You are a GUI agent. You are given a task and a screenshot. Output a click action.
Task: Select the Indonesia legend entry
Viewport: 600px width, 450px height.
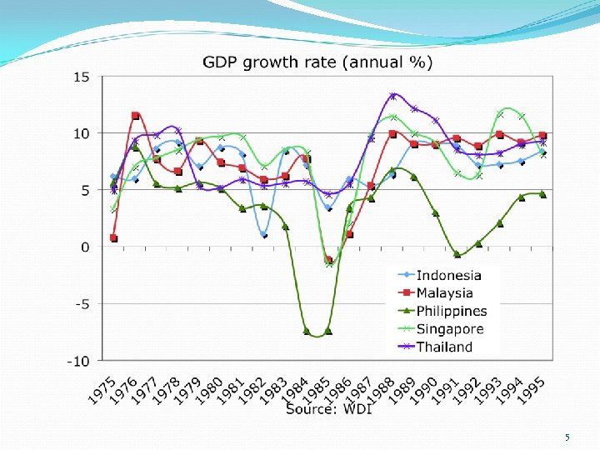(448, 275)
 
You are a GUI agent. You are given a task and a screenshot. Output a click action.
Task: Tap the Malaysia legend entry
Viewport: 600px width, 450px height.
(444, 292)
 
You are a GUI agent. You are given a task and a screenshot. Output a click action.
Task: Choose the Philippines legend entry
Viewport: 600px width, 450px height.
(451, 311)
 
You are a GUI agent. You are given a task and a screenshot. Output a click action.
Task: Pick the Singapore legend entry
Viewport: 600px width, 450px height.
(448, 329)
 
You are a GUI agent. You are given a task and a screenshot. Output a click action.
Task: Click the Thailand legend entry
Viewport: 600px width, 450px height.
(444, 347)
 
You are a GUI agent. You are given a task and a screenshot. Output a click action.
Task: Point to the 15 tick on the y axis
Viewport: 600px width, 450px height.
(82, 77)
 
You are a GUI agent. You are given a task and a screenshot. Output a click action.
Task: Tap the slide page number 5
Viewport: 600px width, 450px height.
(567, 437)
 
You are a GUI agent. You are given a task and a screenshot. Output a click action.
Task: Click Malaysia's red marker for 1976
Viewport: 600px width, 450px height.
(135, 116)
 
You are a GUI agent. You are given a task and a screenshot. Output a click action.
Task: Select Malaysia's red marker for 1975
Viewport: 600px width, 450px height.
(113, 238)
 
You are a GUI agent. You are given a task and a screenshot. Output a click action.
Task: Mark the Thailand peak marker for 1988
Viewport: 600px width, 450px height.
(392, 96)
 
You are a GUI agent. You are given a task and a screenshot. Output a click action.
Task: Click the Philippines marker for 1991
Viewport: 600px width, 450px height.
(457, 254)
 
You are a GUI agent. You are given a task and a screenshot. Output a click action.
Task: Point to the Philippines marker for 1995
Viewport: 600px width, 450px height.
(542, 193)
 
